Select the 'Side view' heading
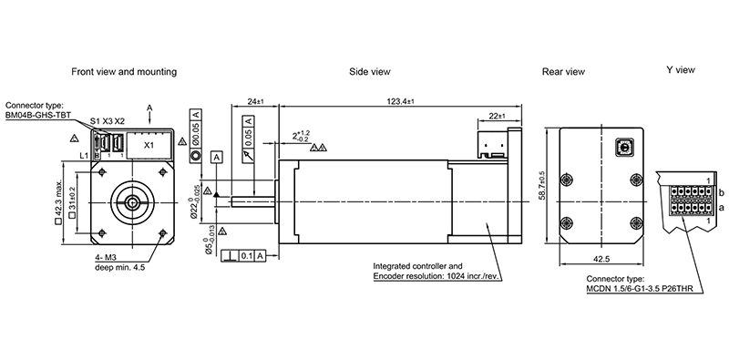[370, 71]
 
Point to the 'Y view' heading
[681, 70]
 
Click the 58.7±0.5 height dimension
[540, 186]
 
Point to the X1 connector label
[150, 144]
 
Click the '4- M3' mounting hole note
[107, 258]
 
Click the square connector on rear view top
[627, 145]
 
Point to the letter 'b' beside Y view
[720, 194]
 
